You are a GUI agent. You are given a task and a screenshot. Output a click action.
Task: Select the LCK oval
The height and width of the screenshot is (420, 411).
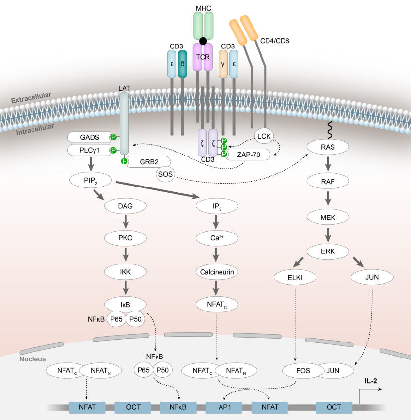click(x=264, y=137)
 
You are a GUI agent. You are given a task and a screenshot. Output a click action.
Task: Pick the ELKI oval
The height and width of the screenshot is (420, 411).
click(x=295, y=277)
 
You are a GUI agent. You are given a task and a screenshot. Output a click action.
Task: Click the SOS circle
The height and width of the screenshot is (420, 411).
click(x=165, y=173)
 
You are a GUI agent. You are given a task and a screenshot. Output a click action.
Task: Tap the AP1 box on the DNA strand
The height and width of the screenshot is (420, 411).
click(x=223, y=407)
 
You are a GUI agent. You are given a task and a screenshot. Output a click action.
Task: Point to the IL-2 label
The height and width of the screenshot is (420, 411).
click(x=372, y=381)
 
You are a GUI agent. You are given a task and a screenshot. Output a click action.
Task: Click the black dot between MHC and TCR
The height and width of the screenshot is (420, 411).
click(x=203, y=41)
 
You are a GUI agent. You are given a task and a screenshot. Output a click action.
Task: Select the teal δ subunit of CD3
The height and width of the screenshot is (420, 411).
click(x=183, y=64)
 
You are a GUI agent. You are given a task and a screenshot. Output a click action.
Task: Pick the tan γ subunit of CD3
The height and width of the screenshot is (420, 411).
click(x=223, y=64)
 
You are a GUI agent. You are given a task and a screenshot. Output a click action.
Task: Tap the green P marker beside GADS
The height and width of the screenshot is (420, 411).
click(x=113, y=137)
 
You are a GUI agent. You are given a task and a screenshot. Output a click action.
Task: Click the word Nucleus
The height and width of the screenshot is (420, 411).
click(x=32, y=359)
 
